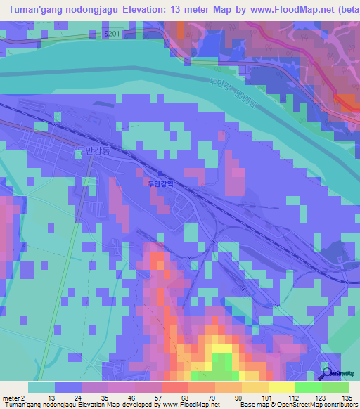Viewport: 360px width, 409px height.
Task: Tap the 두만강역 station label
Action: [x=160, y=185]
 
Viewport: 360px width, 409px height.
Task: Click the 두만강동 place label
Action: [x=91, y=150]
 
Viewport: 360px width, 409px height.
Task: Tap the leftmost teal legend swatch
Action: [x=41, y=387]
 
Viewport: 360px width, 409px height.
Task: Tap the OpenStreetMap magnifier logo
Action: [x=326, y=374]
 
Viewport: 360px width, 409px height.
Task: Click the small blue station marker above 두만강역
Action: [x=160, y=175]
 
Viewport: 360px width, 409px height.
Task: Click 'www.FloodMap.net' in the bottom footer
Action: [x=189, y=405]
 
